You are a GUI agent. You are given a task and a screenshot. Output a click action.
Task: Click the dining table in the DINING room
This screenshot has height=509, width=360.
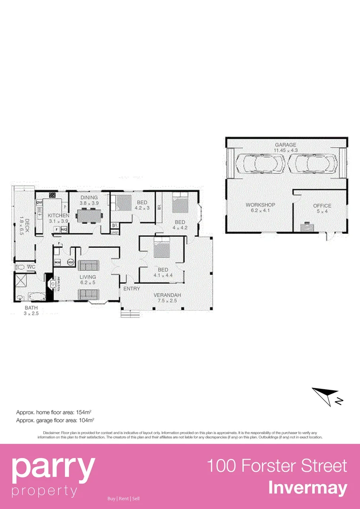click(89, 215)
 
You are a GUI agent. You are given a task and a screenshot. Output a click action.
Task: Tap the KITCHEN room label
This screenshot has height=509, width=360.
click(58, 215)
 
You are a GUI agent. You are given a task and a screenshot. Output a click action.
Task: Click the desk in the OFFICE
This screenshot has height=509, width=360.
click(308, 227)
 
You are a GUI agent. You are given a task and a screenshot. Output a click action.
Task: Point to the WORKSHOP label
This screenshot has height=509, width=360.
click(260, 205)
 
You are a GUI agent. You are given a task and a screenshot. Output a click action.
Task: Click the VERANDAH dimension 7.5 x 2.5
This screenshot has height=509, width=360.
click(167, 301)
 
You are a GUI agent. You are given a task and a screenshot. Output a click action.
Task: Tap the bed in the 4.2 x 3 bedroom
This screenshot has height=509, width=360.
click(124, 203)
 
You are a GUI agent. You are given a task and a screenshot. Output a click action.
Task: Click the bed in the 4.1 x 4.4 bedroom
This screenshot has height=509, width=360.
click(161, 247)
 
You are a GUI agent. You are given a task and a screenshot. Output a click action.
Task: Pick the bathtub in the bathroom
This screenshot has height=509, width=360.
click(36, 297)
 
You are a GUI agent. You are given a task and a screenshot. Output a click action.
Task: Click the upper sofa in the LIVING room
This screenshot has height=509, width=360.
click(88, 265)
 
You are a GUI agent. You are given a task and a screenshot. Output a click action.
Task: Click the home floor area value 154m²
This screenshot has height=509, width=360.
click(84, 412)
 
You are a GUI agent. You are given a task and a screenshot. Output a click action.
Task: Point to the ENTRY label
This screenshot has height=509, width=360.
click(131, 288)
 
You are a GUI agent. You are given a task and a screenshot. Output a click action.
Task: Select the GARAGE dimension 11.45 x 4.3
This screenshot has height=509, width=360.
click(286, 150)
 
